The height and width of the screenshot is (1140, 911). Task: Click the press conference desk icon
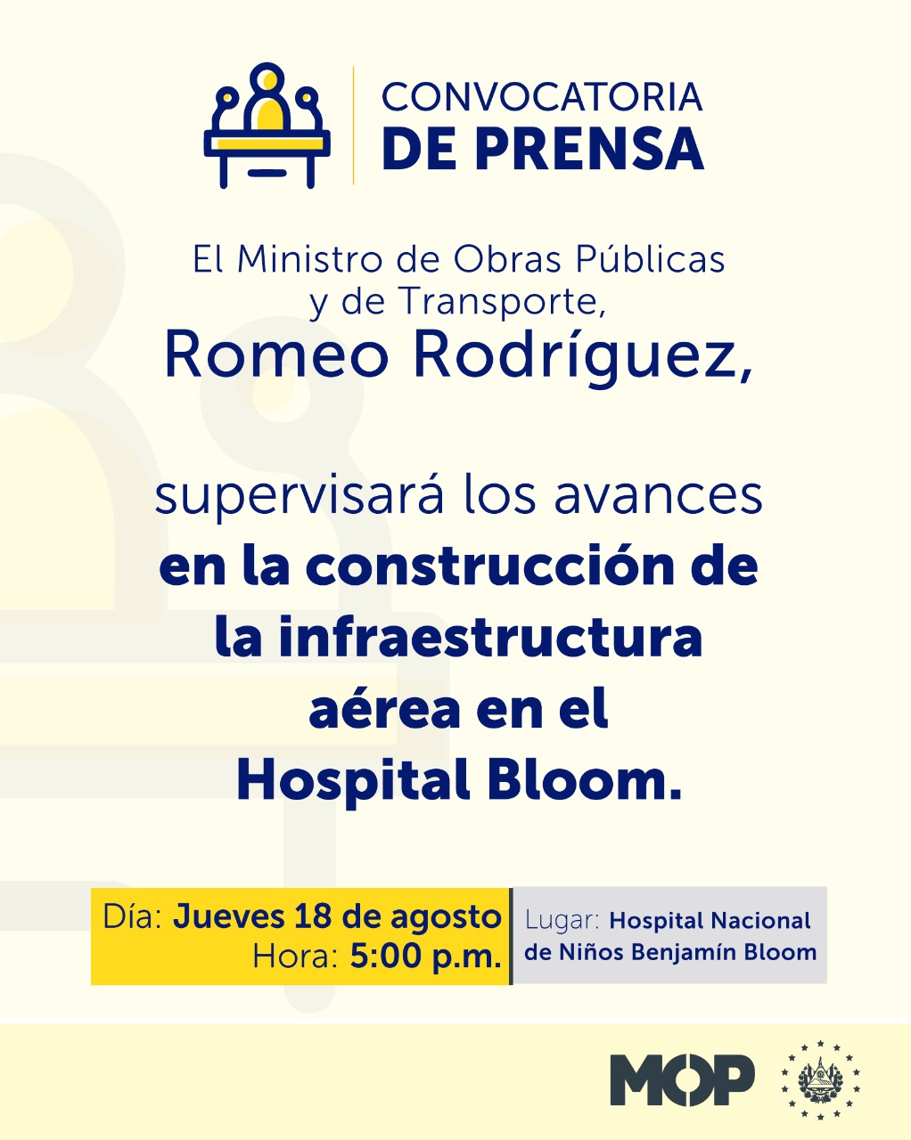click(267, 126)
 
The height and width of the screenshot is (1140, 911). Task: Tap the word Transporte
click(502, 301)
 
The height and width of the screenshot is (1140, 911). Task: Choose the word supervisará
click(299, 497)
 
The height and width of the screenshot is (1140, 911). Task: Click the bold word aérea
click(384, 709)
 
